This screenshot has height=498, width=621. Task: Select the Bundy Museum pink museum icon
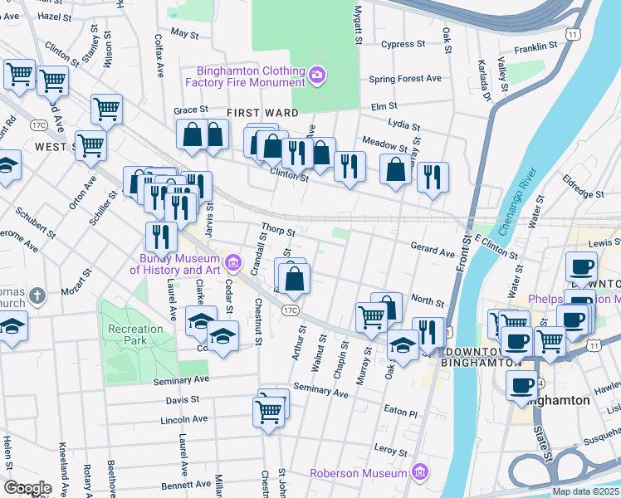(233, 264)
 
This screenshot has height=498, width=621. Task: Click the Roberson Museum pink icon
(420, 473)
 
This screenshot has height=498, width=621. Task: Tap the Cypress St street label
(404, 44)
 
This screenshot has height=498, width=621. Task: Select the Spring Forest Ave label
(405, 79)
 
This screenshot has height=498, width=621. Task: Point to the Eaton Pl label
(401, 412)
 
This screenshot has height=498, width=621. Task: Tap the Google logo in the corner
(27, 487)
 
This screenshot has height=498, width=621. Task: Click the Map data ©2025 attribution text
(586, 491)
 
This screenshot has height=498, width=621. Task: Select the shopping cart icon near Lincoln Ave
(268, 410)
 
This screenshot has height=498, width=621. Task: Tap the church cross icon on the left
(36, 295)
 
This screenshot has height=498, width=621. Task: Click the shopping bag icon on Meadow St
(396, 168)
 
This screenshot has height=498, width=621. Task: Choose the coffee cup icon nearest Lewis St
(581, 267)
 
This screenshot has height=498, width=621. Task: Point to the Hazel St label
(55, 16)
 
